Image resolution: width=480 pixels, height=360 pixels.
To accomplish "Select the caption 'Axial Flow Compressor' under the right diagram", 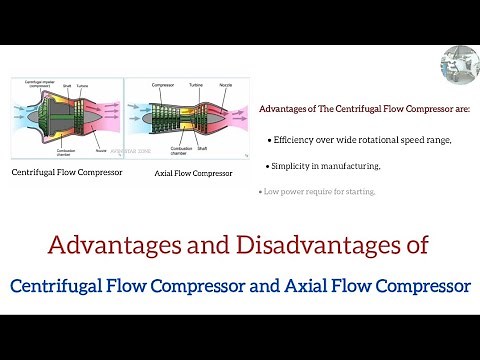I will (194, 172).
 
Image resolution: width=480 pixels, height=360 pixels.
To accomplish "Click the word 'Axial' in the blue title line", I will (322, 286).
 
